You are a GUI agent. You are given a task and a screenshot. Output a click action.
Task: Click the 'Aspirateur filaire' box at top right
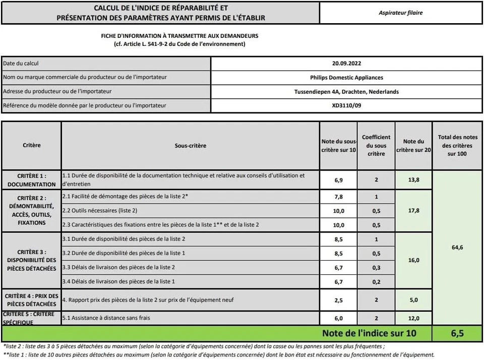[401, 13]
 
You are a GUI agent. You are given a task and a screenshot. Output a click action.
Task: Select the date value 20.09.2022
[346, 64]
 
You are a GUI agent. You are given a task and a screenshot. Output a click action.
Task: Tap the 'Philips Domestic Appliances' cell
[346, 78]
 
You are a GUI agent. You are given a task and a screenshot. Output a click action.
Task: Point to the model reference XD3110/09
[346, 106]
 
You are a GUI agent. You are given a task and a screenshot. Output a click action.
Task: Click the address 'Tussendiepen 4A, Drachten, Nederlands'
[346, 92]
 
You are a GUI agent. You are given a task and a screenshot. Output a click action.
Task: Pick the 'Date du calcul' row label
[21, 64]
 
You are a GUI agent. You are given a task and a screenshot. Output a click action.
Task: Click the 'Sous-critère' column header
[190, 146]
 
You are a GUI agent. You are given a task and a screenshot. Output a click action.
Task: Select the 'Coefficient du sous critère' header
[376, 145]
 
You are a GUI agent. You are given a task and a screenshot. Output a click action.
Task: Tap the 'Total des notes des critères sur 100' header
[457, 145]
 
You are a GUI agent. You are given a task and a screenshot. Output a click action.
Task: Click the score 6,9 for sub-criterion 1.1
[339, 179]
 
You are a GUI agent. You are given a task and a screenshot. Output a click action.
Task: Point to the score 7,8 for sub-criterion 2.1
[339, 197]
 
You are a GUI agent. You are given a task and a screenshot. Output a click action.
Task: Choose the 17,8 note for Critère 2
[414, 211]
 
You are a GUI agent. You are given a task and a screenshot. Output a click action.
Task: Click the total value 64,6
[457, 247]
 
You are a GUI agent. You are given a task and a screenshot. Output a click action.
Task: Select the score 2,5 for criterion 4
[339, 300]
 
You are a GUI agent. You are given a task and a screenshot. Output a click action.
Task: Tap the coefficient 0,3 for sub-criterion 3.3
[376, 267]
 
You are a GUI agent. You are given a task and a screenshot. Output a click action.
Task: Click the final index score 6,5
[457, 333]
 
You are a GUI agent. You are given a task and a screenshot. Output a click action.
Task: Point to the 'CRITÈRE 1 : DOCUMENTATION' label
[32, 180]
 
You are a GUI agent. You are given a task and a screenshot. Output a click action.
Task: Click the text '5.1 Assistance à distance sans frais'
[106, 318]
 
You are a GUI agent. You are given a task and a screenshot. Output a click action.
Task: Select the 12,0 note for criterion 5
[414, 318]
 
